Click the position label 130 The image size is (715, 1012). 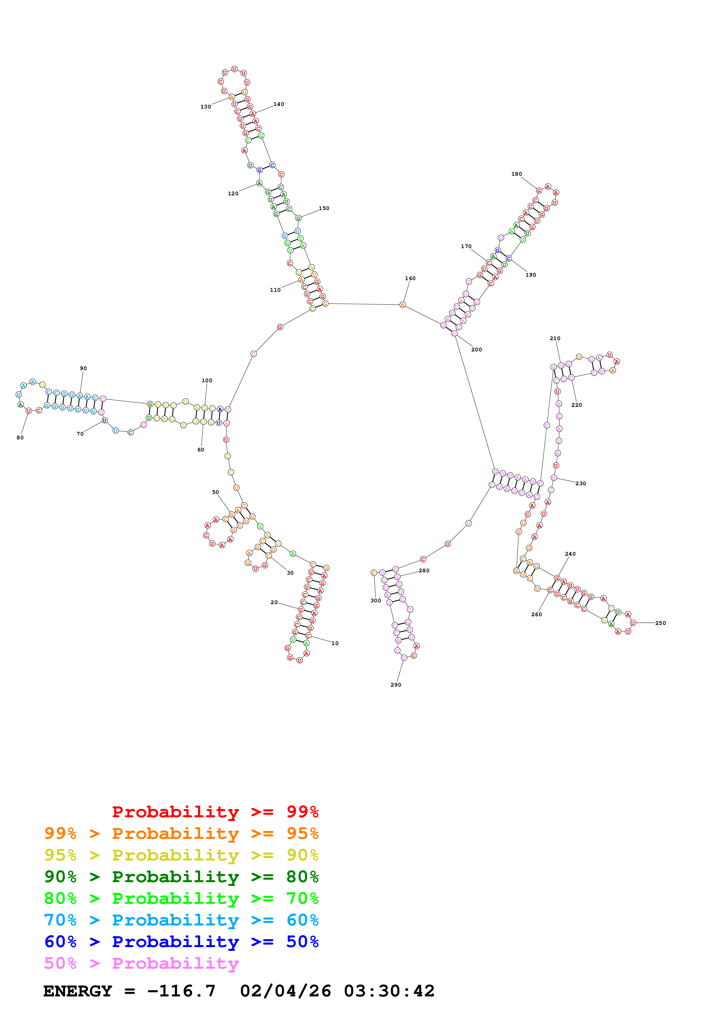(x=206, y=107)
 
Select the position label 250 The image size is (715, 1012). (x=660, y=623)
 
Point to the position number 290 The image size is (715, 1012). (x=396, y=685)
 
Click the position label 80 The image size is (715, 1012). (x=20, y=438)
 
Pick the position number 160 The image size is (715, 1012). (x=410, y=279)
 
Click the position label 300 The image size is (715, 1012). (x=375, y=600)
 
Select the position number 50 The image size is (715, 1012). (x=215, y=492)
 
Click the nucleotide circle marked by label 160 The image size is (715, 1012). (x=402, y=305)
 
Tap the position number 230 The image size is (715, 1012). (x=581, y=483)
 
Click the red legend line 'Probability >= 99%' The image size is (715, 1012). (x=215, y=812)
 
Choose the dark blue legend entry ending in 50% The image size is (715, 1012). (x=181, y=942)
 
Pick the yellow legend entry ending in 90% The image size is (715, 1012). (x=181, y=855)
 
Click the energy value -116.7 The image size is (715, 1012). (x=181, y=991)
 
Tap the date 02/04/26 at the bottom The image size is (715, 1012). (x=286, y=991)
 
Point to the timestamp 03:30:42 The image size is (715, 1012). (x=389, y=991)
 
